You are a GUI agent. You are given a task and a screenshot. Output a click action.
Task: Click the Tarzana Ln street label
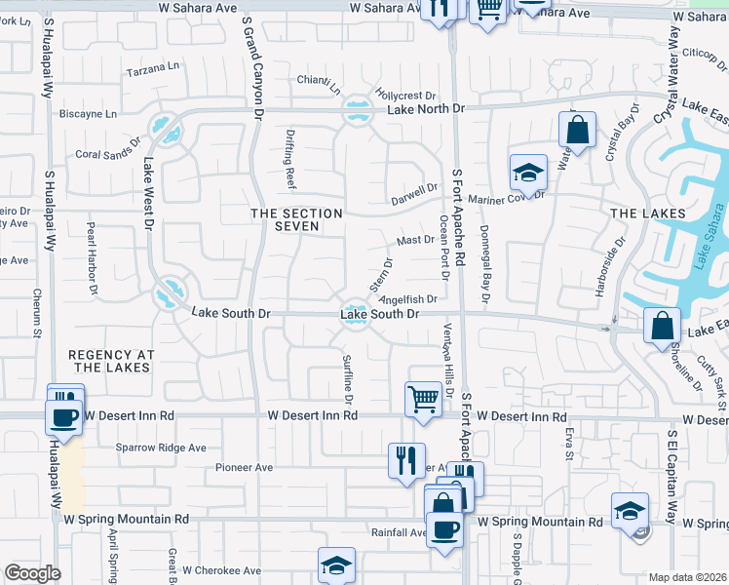pos(155,67)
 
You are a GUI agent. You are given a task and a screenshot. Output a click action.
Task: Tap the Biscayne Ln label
pos(88,113)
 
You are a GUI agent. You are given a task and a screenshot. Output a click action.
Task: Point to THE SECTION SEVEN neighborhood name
pos(296,219)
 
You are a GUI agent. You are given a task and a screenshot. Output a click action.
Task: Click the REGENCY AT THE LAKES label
pos(110,360)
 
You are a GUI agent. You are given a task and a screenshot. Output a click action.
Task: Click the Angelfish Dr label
pos(407,299)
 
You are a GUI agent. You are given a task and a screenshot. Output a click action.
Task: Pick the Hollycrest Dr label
pos(404,96)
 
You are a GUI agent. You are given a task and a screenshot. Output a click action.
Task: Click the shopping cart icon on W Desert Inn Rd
pos(423,398)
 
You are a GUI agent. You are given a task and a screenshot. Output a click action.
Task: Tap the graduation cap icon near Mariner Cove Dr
pos(528,173)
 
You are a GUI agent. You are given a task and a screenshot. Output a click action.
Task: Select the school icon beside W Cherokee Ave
pos(336,565)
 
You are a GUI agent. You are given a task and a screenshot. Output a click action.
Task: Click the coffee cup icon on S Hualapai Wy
pos(64,417)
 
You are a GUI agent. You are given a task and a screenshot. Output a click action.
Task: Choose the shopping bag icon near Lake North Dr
pos(577,131)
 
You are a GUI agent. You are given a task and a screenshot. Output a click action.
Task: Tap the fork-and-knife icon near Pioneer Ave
pos(406,458)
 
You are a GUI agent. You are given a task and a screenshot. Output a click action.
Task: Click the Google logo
pos(32,573)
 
